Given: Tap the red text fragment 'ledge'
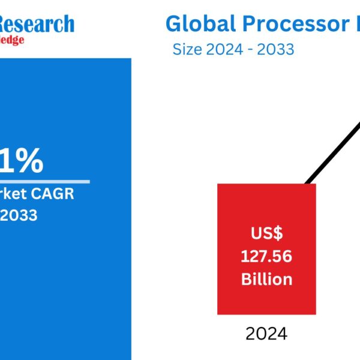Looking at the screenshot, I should tap(12, 41).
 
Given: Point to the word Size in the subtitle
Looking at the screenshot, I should tap(187, 49).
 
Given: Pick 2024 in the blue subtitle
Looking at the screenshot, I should tap(222, 49).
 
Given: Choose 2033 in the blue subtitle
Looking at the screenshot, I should tap(276, 49).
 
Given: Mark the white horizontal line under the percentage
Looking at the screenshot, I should tap(45, 181).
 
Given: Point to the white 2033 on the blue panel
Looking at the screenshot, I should tap(19, 214).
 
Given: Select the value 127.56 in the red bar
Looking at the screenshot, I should tap(266, 257).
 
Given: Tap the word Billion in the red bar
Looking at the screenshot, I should tap(266, 279).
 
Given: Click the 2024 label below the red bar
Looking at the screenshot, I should tap(267, 333).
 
